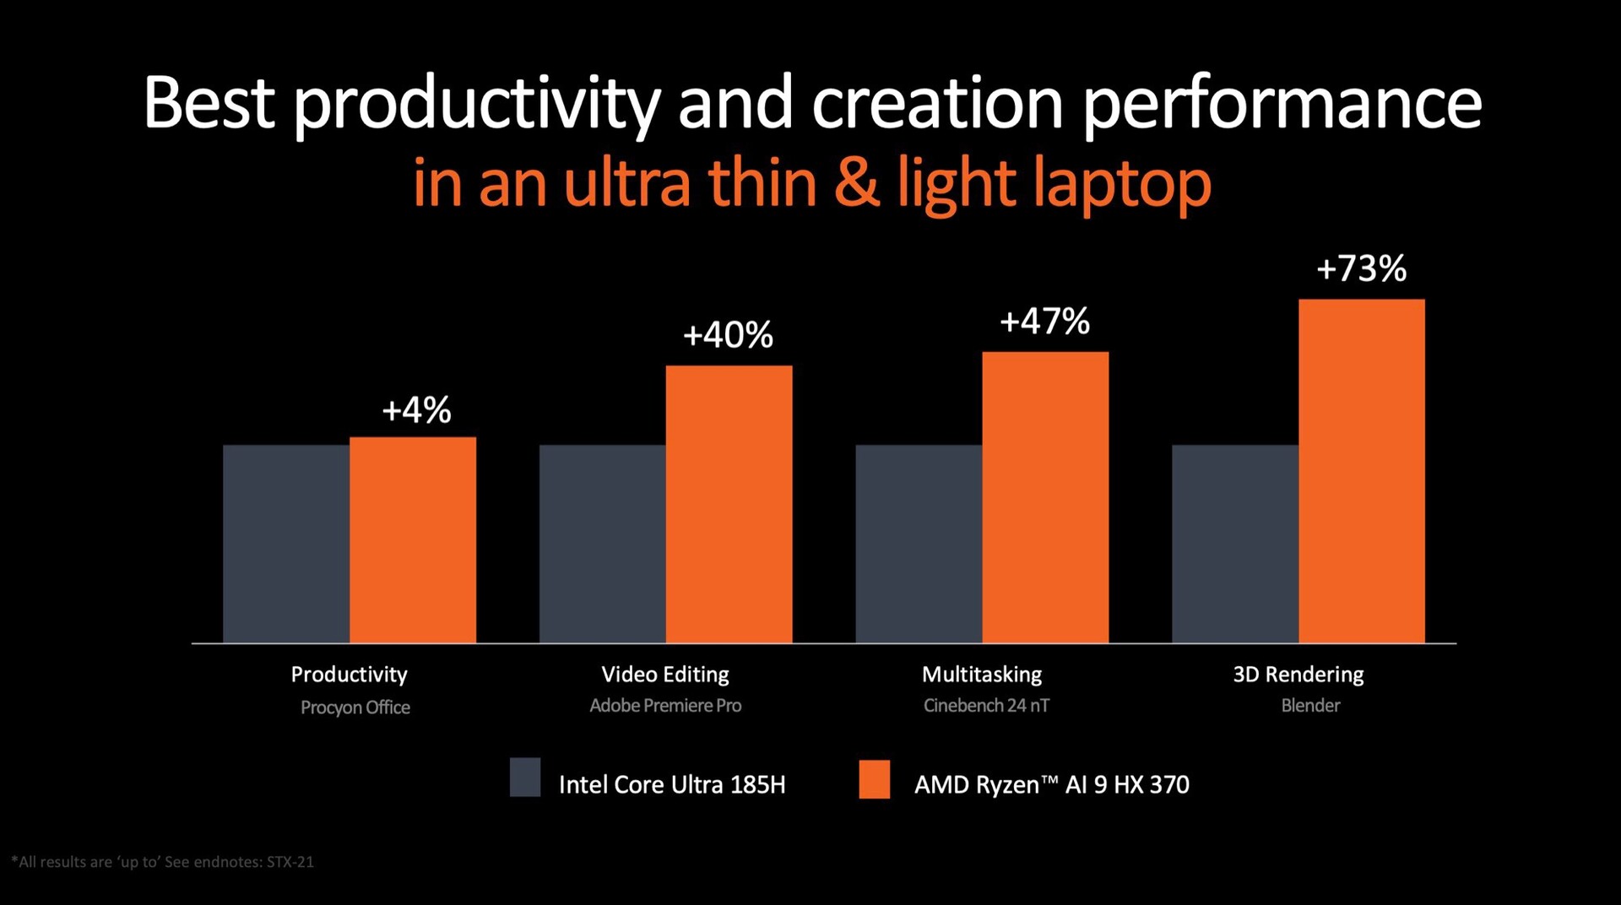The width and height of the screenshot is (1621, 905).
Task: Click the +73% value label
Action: pos(1361,269)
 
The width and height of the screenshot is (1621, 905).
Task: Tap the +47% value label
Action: pos(1044,322)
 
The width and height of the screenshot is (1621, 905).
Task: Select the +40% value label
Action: pos(728,335)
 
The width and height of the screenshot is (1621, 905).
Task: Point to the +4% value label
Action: pos(416,410)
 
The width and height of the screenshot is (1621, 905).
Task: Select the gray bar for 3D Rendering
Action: pos(1234,544)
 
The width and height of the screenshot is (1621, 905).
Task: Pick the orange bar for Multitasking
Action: pos(1045,497)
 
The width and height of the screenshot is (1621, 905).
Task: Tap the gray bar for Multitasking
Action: pos(919,544)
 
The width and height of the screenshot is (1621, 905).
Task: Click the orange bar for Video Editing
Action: pos(729,504)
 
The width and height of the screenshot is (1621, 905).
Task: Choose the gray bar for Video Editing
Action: pos(602,544)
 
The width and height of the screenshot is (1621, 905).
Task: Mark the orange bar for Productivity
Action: pos(413,539)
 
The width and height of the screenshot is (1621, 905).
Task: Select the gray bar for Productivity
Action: pos(286,544)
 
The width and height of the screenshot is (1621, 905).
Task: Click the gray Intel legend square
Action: pos(525,778)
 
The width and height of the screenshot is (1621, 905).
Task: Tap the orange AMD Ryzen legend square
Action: pos(874,779)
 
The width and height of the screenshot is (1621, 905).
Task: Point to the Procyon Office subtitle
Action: pos(355,707)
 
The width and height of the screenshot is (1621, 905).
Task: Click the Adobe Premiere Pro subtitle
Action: pos(665,706)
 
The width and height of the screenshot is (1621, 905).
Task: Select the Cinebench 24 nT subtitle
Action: pos(986,706)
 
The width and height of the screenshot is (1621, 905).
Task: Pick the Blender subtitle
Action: pos(1310,706)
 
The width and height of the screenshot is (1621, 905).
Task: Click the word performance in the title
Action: pos(1282,105)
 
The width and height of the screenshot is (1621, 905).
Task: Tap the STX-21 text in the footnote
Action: pos(290,862)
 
